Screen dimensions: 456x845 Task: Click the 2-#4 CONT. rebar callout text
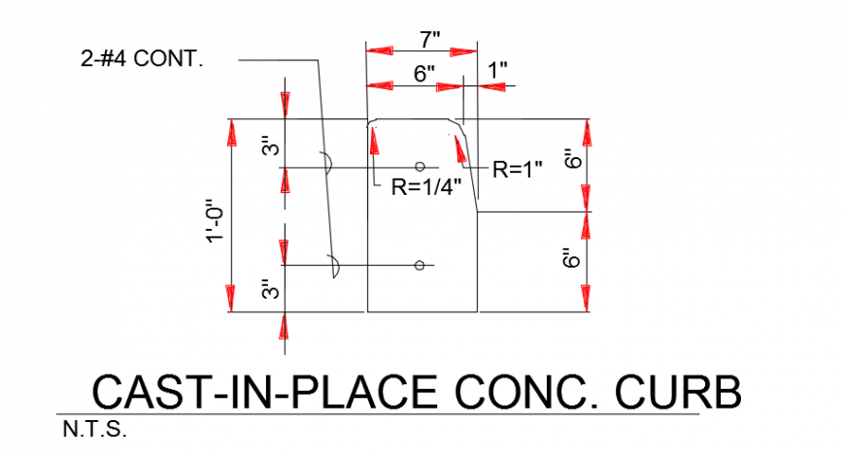click(142, 59)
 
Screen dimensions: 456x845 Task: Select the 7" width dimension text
click(430, 39)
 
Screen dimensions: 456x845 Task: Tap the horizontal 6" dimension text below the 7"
click(423, 74)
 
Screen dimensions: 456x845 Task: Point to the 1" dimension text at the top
click(497, 71)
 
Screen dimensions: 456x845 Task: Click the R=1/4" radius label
click(424, 187)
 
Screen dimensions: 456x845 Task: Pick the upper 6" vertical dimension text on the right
click(572, 158)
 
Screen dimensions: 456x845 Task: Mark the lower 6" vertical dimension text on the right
click(572, 258)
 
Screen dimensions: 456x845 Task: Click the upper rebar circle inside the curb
click(419, 167)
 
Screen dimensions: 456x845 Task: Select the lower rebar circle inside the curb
click(419, 265)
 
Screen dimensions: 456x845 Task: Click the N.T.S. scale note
click(94, 429)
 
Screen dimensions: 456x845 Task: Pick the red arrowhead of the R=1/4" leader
click(373, 141)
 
